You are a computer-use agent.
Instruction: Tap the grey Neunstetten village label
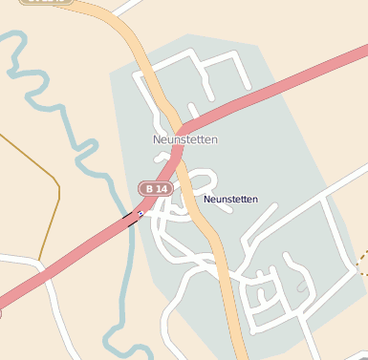pyautogui.click(x=185, y=139)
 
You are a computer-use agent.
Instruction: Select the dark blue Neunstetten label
pyautogui.click(x=230, y=200)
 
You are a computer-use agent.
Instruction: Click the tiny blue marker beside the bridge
pyautogui.click(x=141, y=215)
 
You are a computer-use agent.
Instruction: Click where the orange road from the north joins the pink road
pyautogui.click(x=179, y=128)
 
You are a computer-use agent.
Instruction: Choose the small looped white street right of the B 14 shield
pyautogui.click(x=199, y=179)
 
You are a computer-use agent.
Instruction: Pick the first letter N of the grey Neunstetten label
pyautogui.click(x=157, y=139)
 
